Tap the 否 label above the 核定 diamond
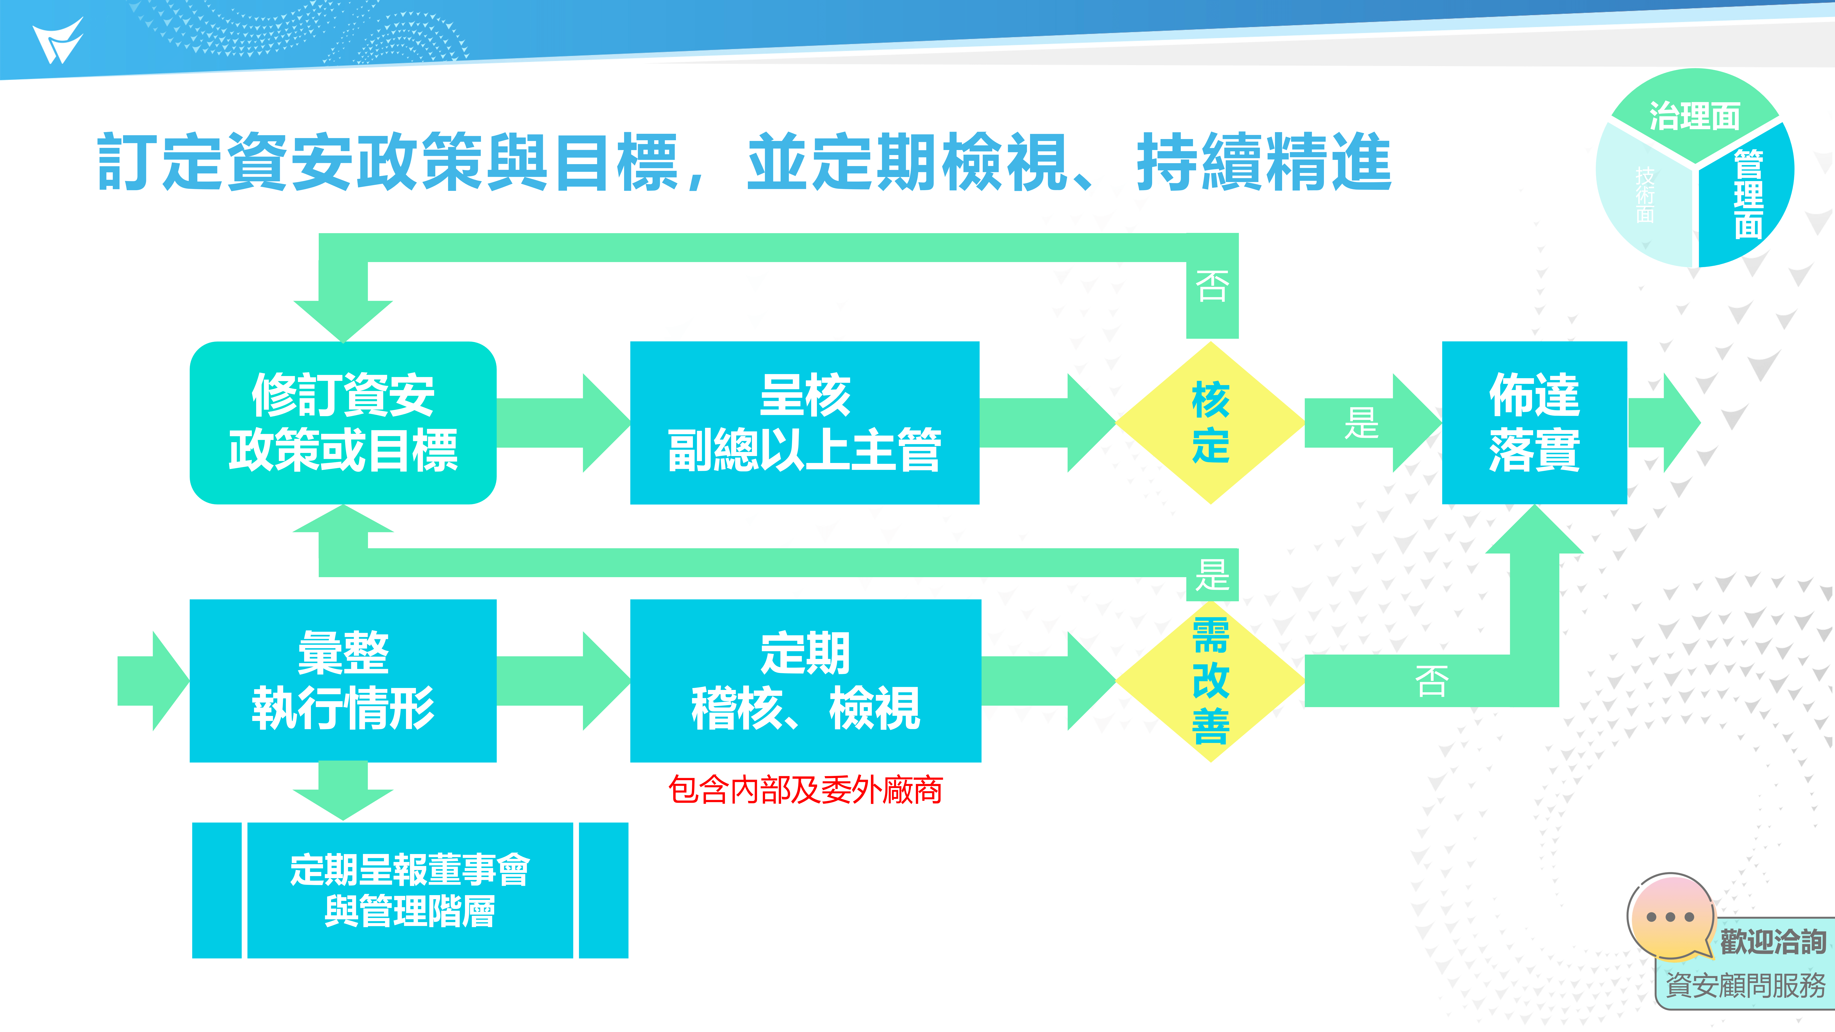(1212, 286)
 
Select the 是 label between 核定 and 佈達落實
(1360, 423)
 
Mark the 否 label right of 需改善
(1431, 681)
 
